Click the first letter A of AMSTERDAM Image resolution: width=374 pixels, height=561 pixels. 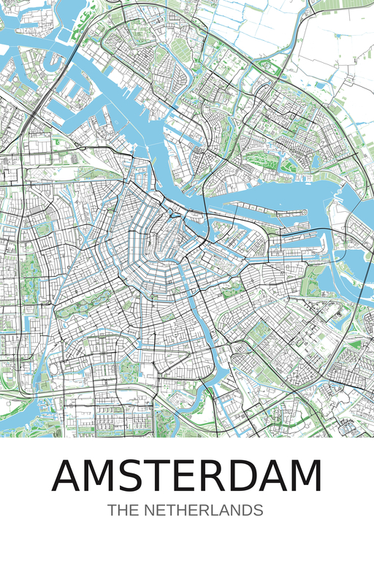[x=69, y=476]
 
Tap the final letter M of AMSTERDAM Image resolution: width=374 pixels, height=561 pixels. [x=305, y=476]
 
